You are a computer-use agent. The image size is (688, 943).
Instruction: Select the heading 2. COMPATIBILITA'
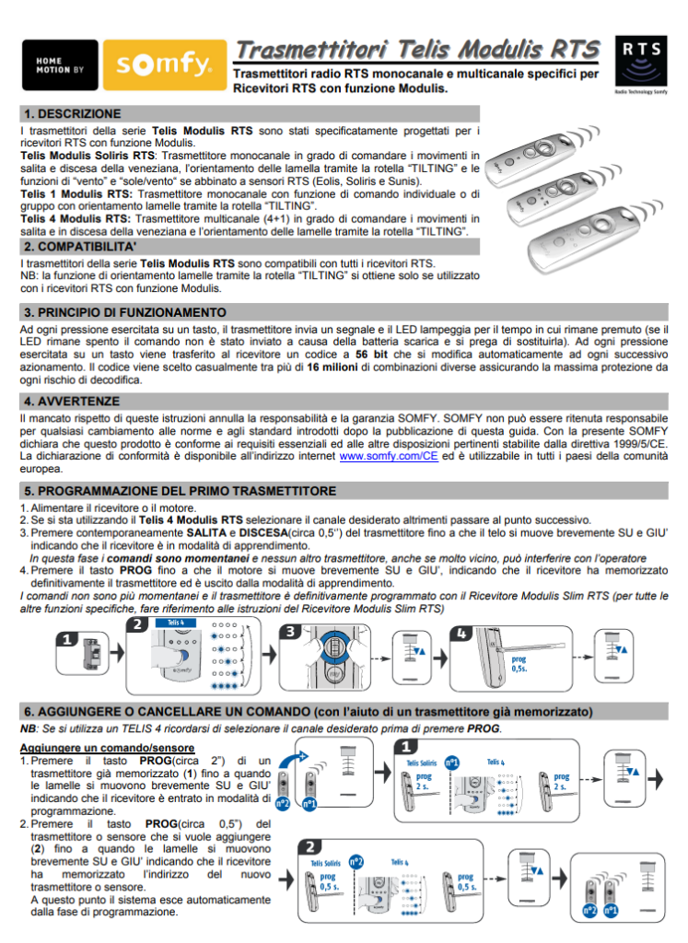pyautogui.click(x=80, y=247)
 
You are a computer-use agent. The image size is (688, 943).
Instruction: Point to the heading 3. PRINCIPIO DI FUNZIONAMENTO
pyautogui.click(x=124, y=312)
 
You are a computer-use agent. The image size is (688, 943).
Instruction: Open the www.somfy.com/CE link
pyautogui.click(x=389, y=456)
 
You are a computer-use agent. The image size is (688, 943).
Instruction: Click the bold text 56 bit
pyautogui.click(x=374, y=354)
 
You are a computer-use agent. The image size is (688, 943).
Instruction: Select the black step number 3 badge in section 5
pyautogui.click(x=290, y=632)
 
